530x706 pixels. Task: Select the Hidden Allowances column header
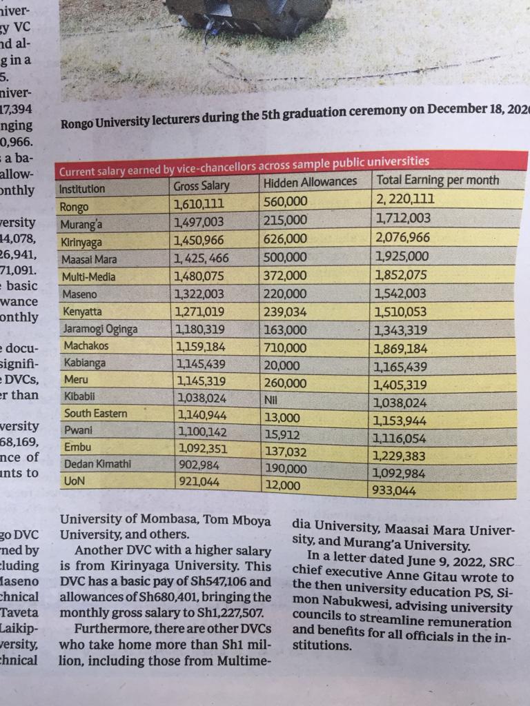point(310,182)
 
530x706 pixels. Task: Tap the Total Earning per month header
point(437,181)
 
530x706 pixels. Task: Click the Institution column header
point(82,189)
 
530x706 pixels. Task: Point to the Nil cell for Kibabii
point(272,399)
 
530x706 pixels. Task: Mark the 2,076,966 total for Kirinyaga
point(403,238)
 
